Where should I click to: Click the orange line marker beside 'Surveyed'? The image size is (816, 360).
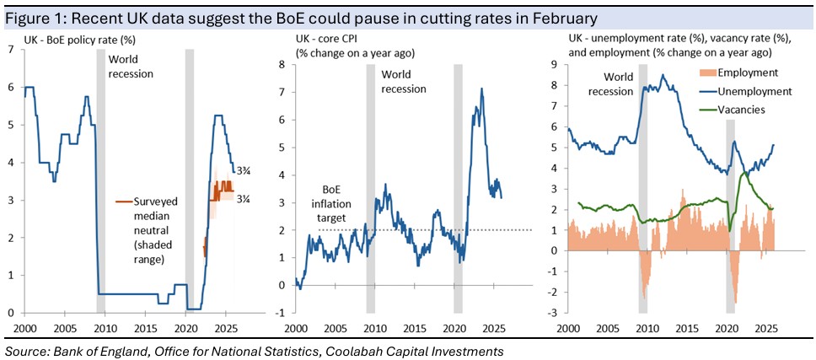[x=122, y=201]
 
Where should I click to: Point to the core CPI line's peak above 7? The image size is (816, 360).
[x=481, y=89]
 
